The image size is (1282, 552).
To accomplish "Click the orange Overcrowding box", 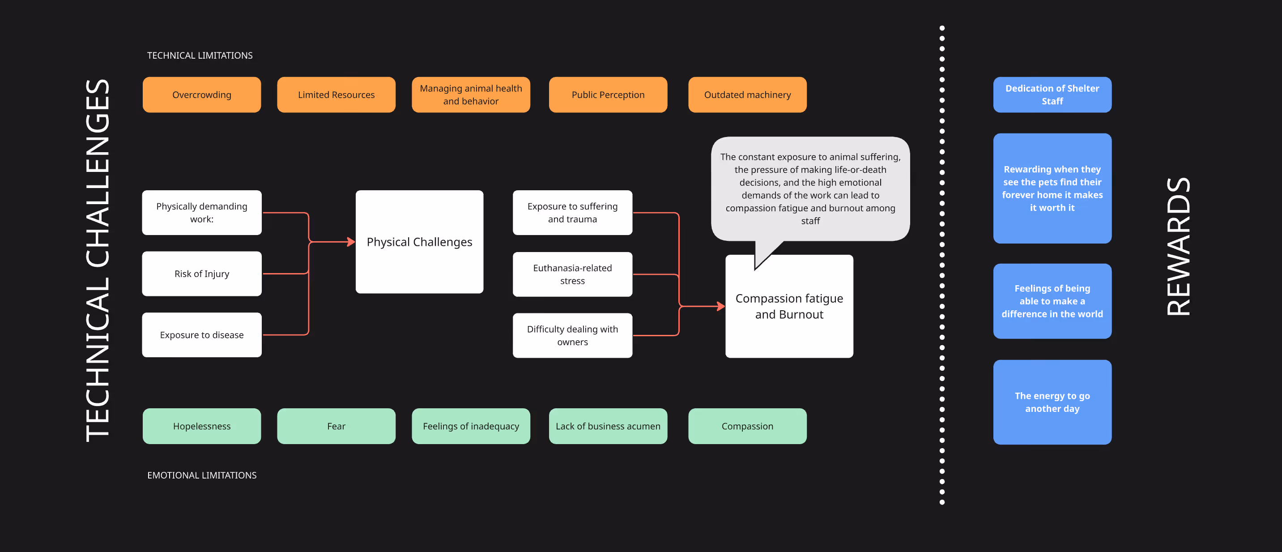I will coord(201,94).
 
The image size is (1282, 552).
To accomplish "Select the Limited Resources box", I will coord(336,94).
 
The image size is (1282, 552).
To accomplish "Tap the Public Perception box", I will coord(608,94).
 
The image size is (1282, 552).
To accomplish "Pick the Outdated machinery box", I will coord(747,94).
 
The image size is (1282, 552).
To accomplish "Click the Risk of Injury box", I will coord(201,274).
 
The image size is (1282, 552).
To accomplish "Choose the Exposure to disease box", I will coord(201,335).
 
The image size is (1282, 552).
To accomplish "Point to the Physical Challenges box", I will coord(419,242).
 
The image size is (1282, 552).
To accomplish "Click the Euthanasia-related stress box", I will coord(572,274).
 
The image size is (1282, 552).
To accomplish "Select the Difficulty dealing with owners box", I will coord(572,335).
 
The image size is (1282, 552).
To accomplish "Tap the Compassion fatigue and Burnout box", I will coord(789,307).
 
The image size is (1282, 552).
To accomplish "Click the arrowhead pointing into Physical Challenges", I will coord(351,242).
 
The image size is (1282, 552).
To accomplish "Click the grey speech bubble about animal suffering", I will coord(810,188).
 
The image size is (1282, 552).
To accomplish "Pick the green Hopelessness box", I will coord(201,426).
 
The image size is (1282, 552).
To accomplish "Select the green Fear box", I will coord(336,426).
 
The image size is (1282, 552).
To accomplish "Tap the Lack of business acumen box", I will coord(608,426).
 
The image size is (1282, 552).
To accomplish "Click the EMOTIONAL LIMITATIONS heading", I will coord(201,475).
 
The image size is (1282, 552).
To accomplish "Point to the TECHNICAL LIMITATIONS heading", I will coord(200,55).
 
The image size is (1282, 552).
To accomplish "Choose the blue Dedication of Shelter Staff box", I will coord(1052,94).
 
